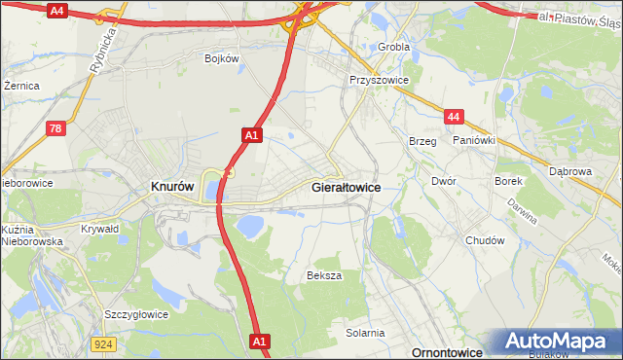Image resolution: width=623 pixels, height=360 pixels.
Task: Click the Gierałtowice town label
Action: [345, 186]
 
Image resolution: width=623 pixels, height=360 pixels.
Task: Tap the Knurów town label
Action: [173, 186]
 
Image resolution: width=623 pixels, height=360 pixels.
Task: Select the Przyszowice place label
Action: [379, 81]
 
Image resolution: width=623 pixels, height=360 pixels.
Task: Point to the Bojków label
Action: [222, 58]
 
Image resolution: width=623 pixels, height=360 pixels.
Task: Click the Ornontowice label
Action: [449, 350]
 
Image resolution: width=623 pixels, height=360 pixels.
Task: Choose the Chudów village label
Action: [485, 240]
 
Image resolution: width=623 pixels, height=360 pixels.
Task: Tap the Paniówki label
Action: [474, 140]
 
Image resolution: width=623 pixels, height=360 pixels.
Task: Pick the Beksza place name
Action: [325, 275]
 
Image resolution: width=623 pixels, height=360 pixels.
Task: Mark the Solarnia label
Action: [365, 333]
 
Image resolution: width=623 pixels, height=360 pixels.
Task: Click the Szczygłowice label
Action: [136, 314]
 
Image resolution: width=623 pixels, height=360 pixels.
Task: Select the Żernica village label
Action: [21, 86]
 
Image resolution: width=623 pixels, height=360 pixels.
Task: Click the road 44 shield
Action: [453, 117]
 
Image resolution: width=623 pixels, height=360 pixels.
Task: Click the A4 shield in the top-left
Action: [57, 11]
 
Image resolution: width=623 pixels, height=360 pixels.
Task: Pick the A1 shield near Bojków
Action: [251, 135]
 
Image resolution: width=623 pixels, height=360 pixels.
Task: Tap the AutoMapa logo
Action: [559, 342]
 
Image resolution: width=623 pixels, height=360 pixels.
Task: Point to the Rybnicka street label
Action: [107, 46]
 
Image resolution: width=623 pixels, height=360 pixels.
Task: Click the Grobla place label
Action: [394, 46]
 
